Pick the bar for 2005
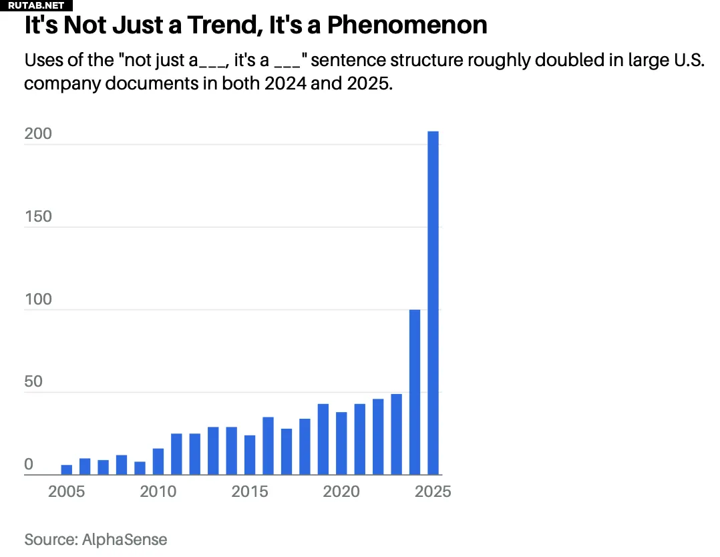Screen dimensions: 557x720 coord(67,470)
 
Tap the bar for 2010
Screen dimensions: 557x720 coord(158,461)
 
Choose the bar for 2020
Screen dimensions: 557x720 coord(341,443)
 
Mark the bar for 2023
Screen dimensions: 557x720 coord(396,434)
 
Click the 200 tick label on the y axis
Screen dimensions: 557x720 coord(38,134)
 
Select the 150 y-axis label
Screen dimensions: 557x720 coord(38,216)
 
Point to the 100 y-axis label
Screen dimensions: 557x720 coord(38,299)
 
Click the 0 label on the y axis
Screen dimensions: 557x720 coord(29,465)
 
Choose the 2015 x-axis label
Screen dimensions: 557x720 coord(250,492)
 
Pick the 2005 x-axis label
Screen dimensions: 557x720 coord(67,492)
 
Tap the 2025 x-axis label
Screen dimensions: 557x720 coord(433,492)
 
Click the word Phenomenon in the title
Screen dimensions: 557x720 coord(407,25)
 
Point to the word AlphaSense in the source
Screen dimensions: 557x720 coord(125,539)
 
